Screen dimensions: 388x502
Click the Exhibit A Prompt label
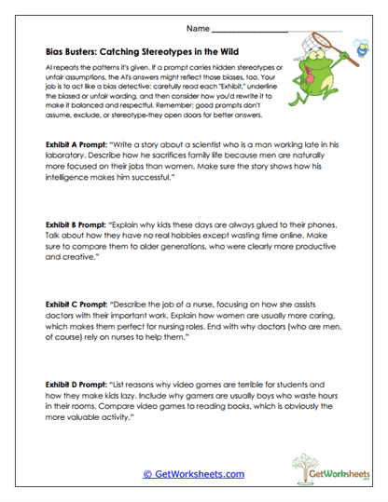75,146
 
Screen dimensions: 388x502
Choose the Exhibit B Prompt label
75,226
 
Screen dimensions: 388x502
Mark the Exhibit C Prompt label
75,304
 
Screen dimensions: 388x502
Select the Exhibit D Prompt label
75,382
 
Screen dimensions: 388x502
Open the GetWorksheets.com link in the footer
193,474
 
